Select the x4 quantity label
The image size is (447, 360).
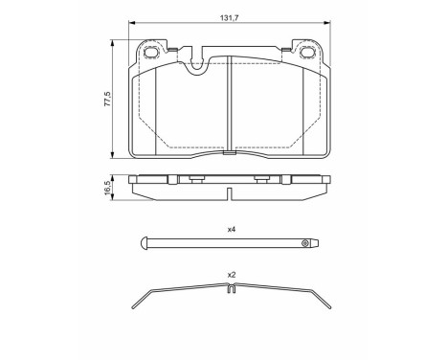(231, 231)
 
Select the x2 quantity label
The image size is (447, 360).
(231, 275)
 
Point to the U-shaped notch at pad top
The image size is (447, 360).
(199, 65)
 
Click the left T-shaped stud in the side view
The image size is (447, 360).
(193, 178)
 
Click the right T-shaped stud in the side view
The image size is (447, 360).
(260, 178)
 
